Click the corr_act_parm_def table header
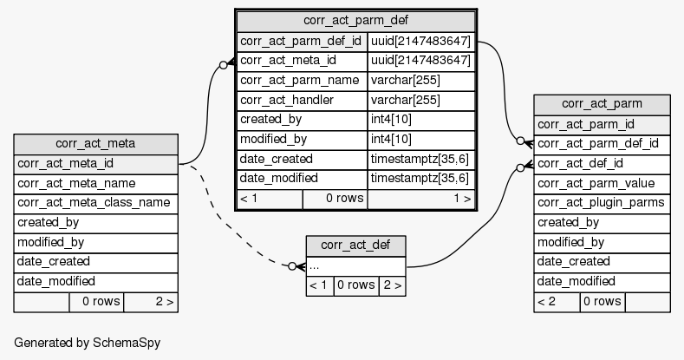pyautogui.click(x=355, y=20)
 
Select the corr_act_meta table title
pyautogui.click(x=95, y=144)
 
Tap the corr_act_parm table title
pyautogui.click(x=603, y=104)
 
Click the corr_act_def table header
pyautogui.click(x=355, y=245)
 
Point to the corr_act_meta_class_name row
pyautogui.click(x=95, y=203)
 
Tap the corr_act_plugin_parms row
pyautogui.click(x=602, y=203)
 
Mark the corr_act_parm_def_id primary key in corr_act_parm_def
pyautogui.click(x=301, y=41)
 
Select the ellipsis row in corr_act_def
pyautogui.click(x=355, y=265)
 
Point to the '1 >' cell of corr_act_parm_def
pyautogui.click(x=420, y=199)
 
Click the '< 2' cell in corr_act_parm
pyautogui.click(x=556, y=302)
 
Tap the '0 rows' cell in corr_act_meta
pyautogui.click(x=96, y=302)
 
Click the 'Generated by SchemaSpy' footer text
pyautogui.click(x=87, y=343)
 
